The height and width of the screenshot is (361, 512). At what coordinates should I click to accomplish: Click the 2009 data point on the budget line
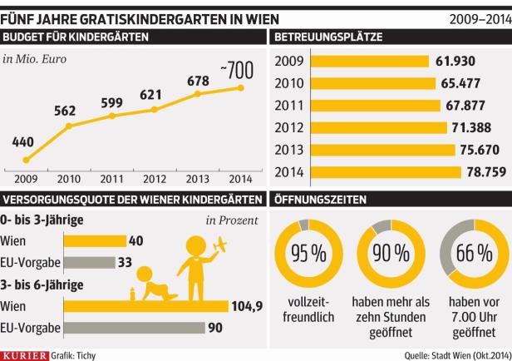[x=27, y=160]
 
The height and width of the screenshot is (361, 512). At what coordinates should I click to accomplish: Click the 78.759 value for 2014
[x=484, y=172]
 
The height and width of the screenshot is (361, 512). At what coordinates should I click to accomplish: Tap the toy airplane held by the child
[x=221, y=247]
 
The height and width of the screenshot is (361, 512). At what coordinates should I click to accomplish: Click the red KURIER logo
[x=24, y=354]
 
